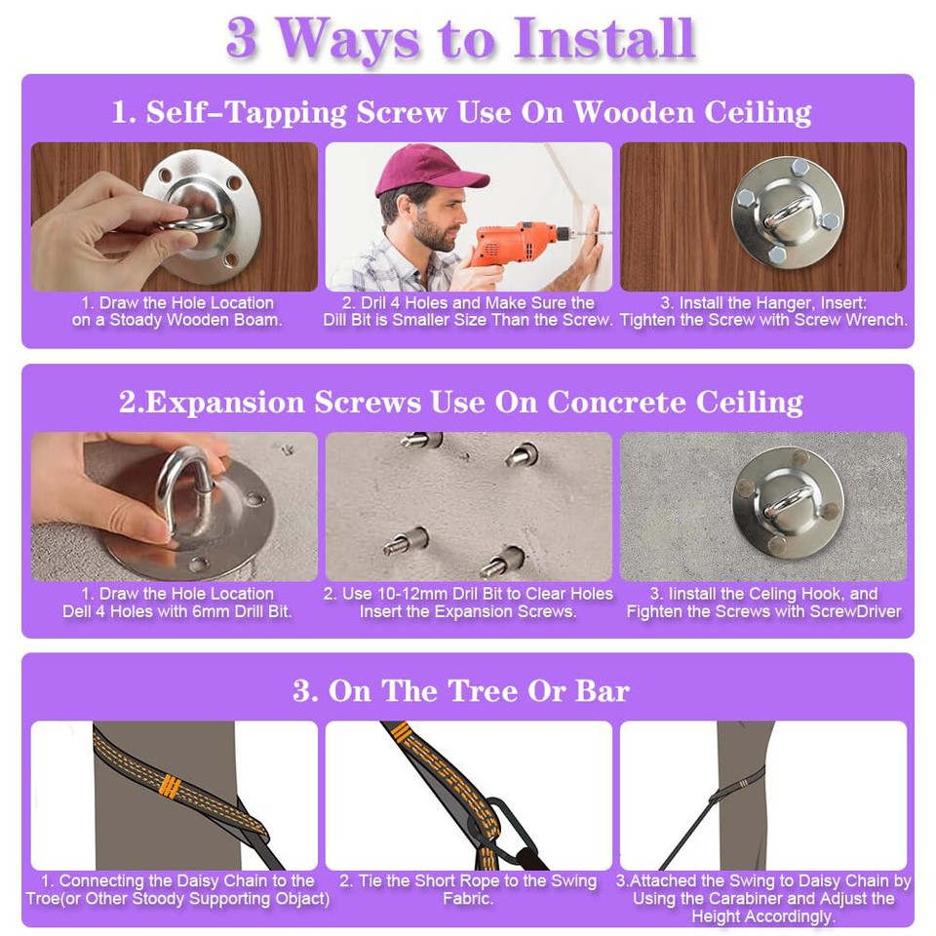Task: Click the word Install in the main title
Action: click(604, 38)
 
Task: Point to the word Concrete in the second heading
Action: click(617, 402)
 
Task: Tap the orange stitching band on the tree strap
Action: click(171, 786)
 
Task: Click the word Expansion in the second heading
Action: click(225, 403)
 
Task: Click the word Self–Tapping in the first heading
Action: click(247, 112)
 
